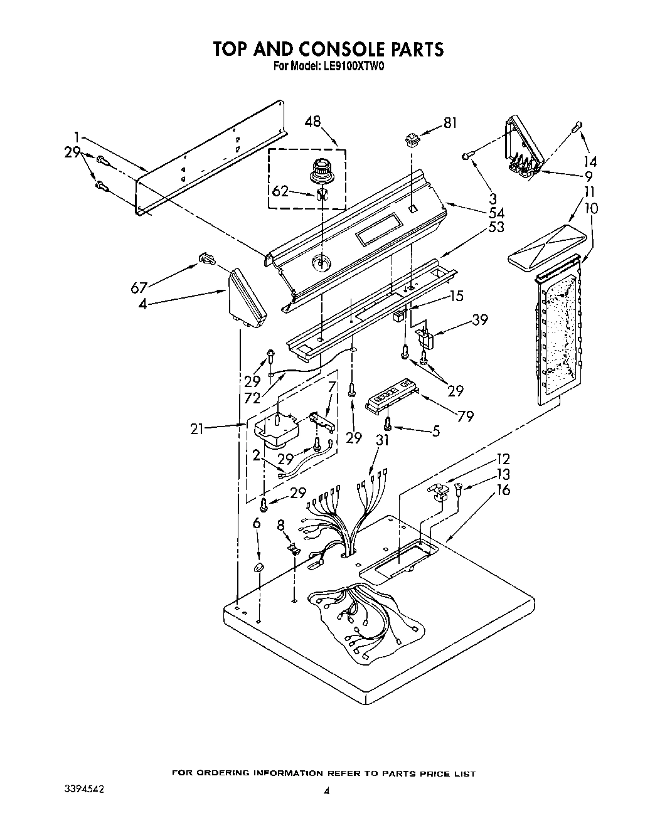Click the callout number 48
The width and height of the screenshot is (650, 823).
(312, 122)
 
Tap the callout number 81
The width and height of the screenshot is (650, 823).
(450, 123)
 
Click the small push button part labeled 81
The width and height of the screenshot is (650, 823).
(412, 139)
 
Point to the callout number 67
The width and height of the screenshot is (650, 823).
(139, 287)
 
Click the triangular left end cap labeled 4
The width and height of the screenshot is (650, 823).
(247, 299)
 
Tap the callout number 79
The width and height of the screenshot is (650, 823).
(466, 415)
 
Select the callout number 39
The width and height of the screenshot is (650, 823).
(479, 321)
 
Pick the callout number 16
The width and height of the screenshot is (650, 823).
(503, 490)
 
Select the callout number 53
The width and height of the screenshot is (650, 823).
(496, 227)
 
